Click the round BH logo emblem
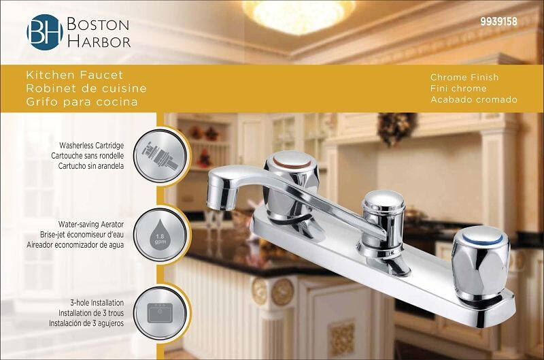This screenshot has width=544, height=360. [x=45, y=32]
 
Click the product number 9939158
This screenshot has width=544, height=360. [x=498, y=22]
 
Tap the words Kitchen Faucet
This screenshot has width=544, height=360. [x=75, y=75]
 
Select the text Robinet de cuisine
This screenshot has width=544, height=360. [x=86, y=88]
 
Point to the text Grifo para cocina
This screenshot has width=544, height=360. [x=82, y=102]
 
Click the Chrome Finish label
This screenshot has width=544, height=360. [x=464, y=77]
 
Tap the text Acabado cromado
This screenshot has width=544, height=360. [x=474, y=99]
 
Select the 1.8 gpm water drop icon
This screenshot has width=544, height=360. [x=160, y=235]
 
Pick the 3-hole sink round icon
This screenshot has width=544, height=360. [x=160, y=313]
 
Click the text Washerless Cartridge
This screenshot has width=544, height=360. [x=91, y=146]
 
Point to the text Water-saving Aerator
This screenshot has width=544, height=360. [x=91, y=225]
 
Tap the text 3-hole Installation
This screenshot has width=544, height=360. [x=97, y=303]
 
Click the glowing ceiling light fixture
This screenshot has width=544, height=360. [x=299, y=16]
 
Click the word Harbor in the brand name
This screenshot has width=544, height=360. [x=99, y=42]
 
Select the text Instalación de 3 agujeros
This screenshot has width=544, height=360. [x=86, y=323]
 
